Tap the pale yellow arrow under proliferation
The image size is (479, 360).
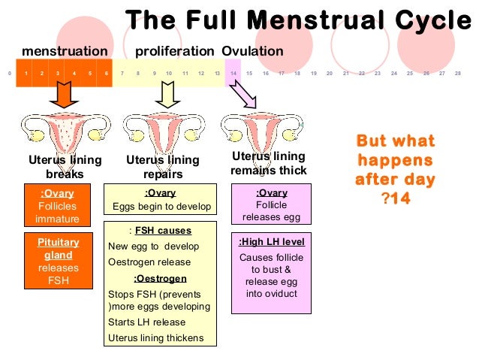click(167, 93)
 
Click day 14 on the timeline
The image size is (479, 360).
click(234, 74)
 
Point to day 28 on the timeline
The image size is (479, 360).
click(458, 74)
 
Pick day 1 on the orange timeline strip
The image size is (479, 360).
click(26, 74)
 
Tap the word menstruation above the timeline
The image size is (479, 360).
click(65, 51)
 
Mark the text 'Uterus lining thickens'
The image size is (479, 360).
click(156, 337)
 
